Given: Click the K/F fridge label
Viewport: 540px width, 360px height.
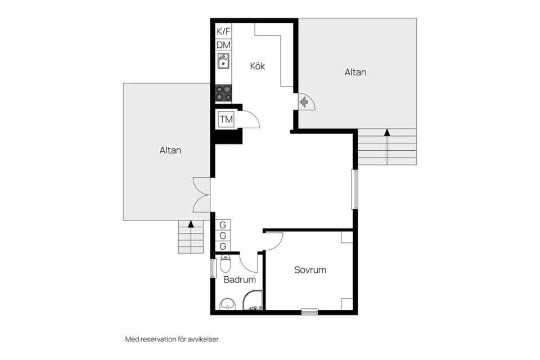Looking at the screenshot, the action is (223, 31).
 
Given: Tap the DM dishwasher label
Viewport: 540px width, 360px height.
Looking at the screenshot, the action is (223, 45).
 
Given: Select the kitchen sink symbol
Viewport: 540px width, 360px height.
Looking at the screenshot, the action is (223, 61).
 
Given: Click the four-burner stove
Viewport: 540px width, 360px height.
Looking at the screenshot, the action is (223, 93).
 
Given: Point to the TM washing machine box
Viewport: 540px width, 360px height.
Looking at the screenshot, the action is (226, 120).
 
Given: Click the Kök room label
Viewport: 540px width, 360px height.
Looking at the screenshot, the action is (258, 66).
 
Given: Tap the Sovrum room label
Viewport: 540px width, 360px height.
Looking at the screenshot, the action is (310, 270).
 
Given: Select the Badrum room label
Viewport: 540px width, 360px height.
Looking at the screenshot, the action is (240, 280).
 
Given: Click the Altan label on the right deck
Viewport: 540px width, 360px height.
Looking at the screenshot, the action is (355, 72).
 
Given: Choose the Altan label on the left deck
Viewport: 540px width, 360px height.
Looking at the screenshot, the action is (170, 150).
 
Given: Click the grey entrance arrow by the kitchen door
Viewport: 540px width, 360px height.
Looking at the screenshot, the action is (304, 102).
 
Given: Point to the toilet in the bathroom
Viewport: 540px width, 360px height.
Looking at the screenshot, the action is (225, 264).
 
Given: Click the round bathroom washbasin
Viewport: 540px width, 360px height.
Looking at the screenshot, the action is (227, 304).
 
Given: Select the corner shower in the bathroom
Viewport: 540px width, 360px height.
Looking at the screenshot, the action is (253, 300).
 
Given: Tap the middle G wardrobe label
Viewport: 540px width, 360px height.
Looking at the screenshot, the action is (223, 236).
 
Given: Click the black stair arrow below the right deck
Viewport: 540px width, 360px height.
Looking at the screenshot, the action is (388, 132).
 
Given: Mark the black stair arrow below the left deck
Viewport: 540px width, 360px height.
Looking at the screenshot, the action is (191, 224).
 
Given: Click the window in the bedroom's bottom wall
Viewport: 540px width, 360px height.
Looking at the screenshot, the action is (309, 312).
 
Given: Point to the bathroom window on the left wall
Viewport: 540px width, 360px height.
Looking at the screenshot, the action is (213, 268).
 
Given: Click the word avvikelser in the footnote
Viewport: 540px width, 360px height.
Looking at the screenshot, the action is (204, 339).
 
